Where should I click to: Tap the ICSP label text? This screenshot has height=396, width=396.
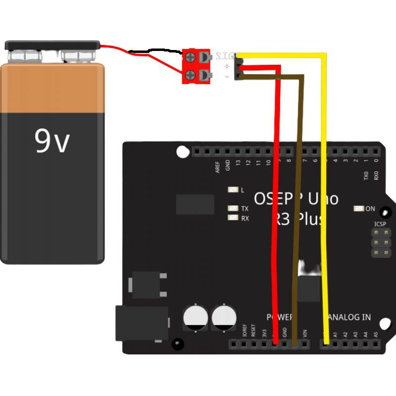(x=380, y=224)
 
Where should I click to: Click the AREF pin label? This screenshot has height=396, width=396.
(x=218, y=167)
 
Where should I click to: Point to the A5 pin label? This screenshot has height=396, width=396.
(x=376, y=335)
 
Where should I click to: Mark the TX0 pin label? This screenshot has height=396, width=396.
(x=366, y=176)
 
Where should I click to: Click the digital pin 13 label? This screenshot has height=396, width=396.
(x=238, y=163)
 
